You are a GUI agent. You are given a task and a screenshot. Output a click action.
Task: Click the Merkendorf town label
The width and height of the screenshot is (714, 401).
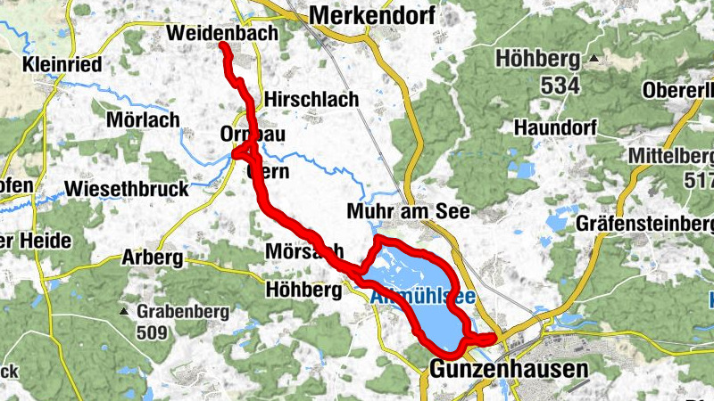[371, 15]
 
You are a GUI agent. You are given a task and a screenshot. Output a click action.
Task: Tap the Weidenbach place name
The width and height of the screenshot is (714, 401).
[217, 34]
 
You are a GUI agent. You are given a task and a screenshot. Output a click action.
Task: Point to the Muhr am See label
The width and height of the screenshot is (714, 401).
[411, 212]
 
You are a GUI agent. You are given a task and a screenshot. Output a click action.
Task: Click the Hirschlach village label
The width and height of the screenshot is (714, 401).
[311, 100]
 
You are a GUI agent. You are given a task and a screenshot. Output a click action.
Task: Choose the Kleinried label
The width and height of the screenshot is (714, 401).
[62, 65]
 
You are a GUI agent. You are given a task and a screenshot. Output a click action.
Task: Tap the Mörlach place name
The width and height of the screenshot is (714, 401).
[143, 119]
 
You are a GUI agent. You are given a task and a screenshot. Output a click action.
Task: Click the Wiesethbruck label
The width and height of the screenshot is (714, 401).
[127, 189]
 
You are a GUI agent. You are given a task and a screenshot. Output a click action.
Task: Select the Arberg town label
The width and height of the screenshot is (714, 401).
[152, 259]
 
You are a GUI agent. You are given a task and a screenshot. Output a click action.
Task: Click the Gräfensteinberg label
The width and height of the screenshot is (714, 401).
[644, 222]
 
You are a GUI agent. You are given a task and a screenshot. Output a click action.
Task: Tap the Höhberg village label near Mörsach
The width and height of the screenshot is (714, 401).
[304, 290]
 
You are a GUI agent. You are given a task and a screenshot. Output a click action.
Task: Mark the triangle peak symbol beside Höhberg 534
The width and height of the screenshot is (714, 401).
[592, 61]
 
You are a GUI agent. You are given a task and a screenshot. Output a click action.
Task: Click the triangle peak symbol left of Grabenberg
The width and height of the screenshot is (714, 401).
[124, 312]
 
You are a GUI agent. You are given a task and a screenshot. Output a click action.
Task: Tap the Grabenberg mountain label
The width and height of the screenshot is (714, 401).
[183, 313]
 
